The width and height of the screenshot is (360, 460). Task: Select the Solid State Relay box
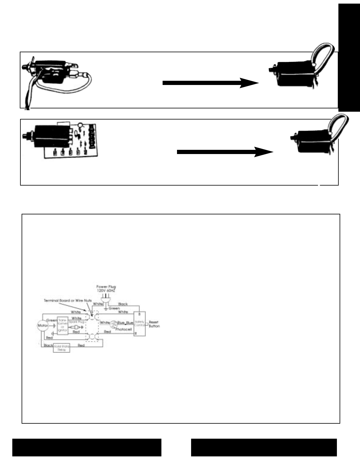tap(61, 348)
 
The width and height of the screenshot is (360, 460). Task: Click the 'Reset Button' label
tap(154, 324)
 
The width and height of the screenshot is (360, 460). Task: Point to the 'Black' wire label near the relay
tap(48, 346)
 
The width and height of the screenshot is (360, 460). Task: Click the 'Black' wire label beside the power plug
tap(123, 304)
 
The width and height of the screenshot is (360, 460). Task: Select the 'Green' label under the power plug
tap(114, 308)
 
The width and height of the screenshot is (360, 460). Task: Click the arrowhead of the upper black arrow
tap(249, 83)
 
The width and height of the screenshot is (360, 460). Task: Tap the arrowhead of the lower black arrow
tap(264, 152)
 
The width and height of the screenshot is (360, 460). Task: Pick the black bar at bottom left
tap(87, 447)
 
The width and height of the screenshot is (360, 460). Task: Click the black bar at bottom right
tap(264, 447)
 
